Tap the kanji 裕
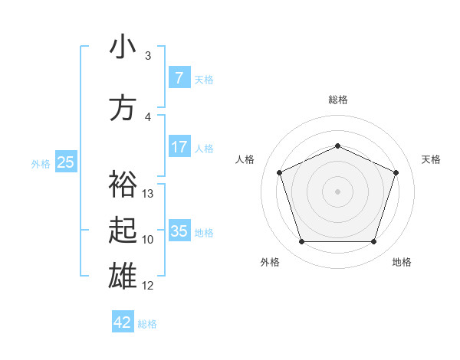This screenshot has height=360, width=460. [123, 184]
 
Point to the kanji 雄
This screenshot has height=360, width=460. [123, 274]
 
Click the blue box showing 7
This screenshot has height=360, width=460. [179, 77]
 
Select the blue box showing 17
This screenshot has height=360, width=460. [179, 147]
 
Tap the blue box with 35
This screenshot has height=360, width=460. [179, 231]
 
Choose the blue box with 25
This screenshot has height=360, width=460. [65, 162]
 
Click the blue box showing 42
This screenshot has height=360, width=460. [123, 322]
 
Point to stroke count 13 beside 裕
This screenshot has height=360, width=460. [149, 194]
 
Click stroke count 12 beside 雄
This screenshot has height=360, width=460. [148, 286]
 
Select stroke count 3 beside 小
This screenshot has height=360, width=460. [148, 56]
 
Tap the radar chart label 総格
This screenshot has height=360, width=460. [338, 100]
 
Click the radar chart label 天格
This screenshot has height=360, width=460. [431, 159]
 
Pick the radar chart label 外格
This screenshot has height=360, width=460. [270, 262]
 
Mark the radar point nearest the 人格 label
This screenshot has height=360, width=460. [280, 172]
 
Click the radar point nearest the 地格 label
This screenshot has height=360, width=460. [373, 242]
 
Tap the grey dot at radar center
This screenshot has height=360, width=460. [337, 191]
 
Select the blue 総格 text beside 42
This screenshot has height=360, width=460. [147, 324]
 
